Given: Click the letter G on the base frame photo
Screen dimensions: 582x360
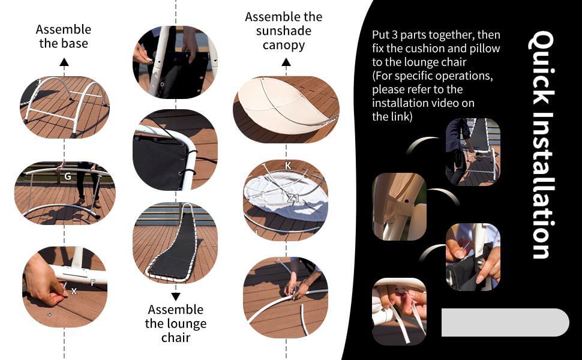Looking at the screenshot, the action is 68,176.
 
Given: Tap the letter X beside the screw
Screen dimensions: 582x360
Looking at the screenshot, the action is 74,292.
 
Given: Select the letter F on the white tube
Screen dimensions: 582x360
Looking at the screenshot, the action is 93,283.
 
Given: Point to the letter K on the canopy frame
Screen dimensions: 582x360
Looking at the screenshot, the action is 288,166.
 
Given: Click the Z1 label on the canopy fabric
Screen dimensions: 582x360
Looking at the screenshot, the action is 293,198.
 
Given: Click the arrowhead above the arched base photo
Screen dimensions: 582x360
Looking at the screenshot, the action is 64,62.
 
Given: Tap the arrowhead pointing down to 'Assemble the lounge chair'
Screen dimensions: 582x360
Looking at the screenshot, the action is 176,296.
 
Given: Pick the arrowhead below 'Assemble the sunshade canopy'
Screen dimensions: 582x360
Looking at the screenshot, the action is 286,62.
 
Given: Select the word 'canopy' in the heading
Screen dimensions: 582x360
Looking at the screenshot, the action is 284,46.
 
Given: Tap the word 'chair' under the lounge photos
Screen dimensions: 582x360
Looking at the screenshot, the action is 176,338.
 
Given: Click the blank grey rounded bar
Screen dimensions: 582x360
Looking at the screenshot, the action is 505,323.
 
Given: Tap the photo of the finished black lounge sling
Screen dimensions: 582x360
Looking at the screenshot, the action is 175,243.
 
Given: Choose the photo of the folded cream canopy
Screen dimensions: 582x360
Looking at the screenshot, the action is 286,109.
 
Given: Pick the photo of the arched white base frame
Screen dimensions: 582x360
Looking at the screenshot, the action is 65,107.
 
